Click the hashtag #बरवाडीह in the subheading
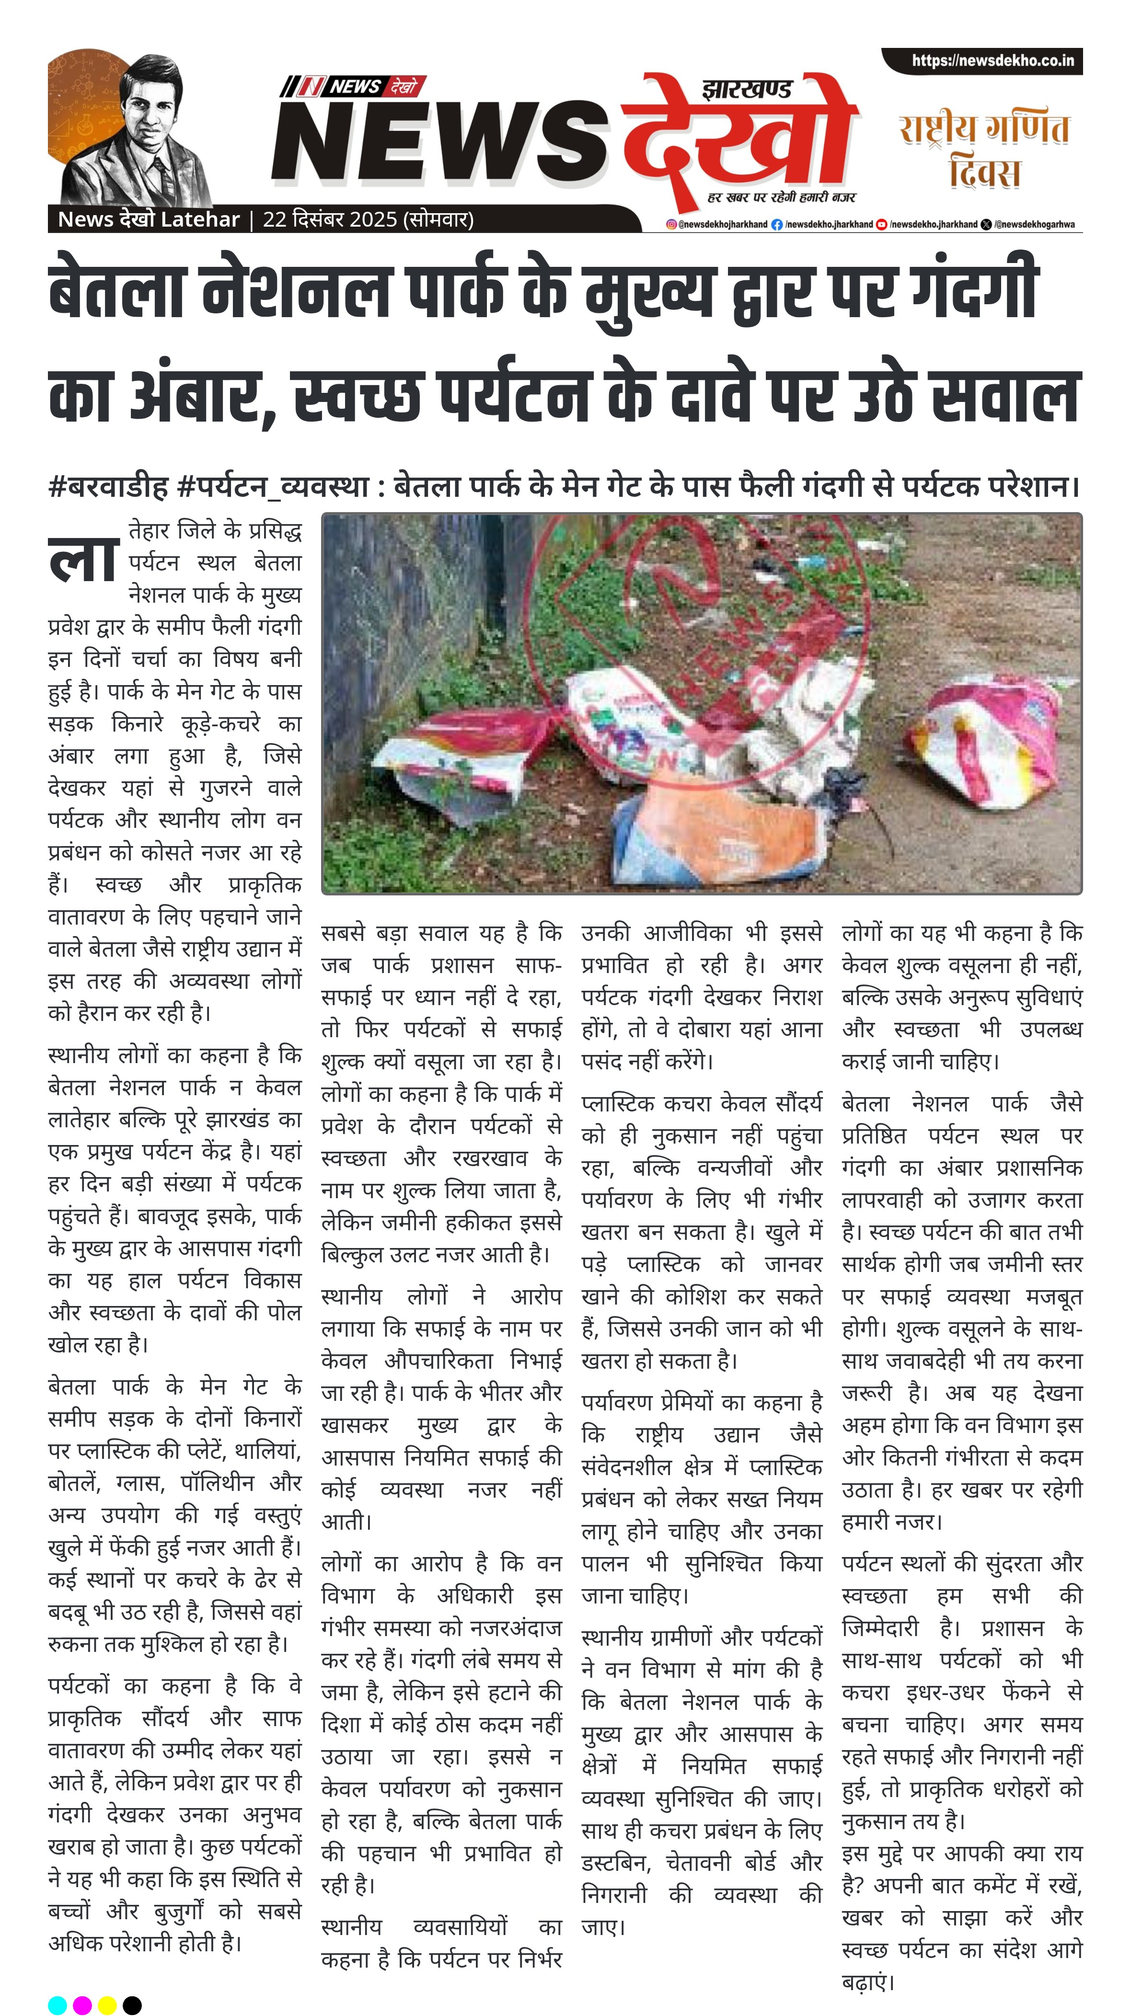(108, 487)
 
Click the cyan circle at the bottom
(58, 2004)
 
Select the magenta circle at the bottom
(82, 2004)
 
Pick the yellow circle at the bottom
(107, 2004)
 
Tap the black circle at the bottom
(132, 2004)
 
